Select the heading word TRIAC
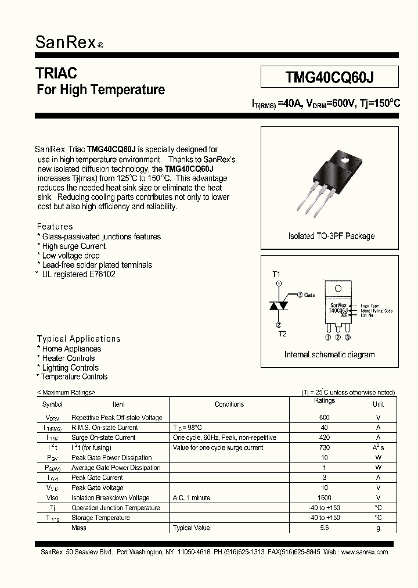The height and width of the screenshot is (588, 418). pos(56,73)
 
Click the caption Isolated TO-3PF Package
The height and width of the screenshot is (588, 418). pos(331,236)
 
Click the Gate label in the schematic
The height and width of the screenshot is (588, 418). pos(309,295)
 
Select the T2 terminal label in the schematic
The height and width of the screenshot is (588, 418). pos(282,334)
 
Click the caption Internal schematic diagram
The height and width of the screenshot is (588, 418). pos(329,354)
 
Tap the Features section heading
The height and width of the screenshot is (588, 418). pos(55,227)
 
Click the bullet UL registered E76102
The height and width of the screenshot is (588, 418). pos(78,274)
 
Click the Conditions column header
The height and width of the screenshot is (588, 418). pos(229,404)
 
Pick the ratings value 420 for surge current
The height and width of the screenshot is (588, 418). pos(325,438)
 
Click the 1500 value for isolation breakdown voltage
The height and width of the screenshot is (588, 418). pos(325,498)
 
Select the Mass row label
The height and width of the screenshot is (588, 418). pos(78,528)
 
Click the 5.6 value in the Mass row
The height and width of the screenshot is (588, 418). pos(325,528)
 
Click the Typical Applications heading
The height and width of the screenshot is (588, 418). pos(79,339)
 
